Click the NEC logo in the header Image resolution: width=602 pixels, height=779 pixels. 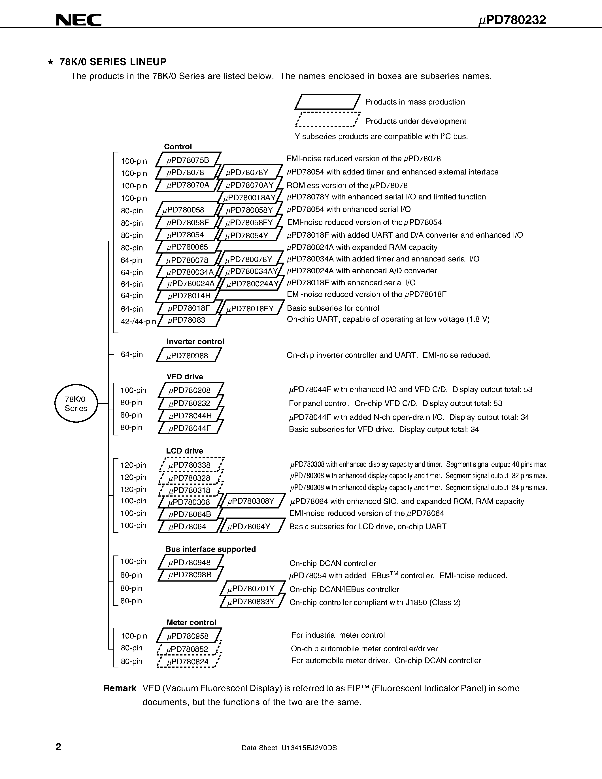point(79,20)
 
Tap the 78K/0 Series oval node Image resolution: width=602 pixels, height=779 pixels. point(76,403)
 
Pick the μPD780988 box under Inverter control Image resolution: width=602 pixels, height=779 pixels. point(189,355)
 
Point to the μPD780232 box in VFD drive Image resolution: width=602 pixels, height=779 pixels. point(190,403)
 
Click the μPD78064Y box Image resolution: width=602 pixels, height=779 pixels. point(252,526)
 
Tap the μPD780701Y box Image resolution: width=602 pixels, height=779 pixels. point(252,588)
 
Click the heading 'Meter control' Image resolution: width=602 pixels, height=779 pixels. point(191,622)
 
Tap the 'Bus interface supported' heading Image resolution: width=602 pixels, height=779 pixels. point(210,549)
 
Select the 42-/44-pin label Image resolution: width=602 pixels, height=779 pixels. point(138,322)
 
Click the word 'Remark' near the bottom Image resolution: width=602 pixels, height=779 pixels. point(120,688)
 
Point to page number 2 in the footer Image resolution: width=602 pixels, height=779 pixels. point(58,747)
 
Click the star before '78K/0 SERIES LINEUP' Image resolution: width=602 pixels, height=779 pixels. point(51,62)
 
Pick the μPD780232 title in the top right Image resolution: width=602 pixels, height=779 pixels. point(512,20)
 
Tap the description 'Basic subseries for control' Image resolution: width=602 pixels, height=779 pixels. point(333,308)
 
